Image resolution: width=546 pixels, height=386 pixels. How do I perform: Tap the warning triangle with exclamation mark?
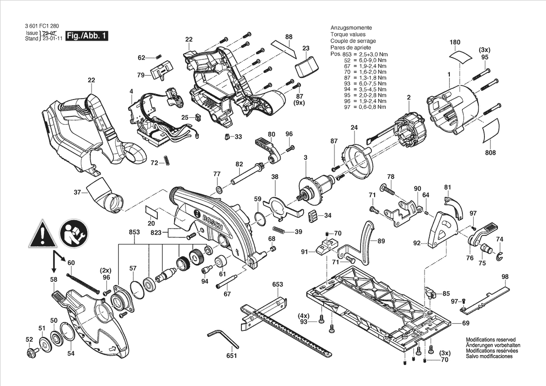pyautogui.click(x=43, y=234)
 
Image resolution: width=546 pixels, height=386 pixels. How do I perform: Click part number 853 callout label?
pyautogui.click(x=134, y=232)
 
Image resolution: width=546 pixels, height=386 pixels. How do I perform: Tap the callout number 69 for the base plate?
pyautogui.click(x=466, y=323)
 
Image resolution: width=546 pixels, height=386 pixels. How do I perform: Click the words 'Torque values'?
pyautogui.click(x=348, y=34)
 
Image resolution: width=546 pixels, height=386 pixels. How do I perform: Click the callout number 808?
pyautogui.click(x=490, y=153)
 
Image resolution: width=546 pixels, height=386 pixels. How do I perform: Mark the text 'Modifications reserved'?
pyautogui.click(x=490, y=340)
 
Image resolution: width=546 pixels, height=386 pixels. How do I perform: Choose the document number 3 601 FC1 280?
pyautogui.click(x=42, y=26)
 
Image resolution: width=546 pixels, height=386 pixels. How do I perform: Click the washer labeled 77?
pyautogui.click(x=219, y=190)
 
